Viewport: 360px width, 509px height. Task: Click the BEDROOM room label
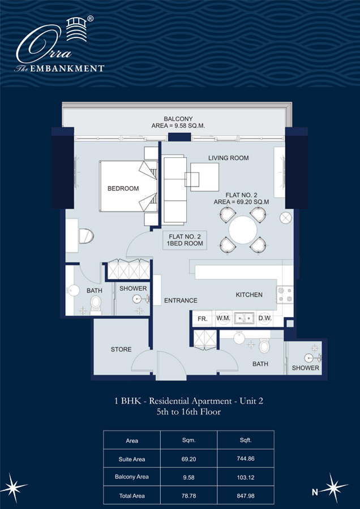click(x=123, y=188)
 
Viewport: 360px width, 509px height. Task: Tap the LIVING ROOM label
click(x=228, y=158)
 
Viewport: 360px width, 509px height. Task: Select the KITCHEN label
click(x=249, y=295)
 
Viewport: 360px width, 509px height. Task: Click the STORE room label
click(x=121, y=349)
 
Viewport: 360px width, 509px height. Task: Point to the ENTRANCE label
click(x=181, y=300)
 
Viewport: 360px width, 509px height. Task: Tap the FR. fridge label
click(x=203, y=319)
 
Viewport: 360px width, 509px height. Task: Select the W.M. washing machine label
click(x=224, y=319)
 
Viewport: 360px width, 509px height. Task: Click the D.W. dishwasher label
click(x=264, y=319)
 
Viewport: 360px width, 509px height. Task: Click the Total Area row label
click(x=131, y=495)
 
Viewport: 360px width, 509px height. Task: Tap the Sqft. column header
click(x=246, y=439)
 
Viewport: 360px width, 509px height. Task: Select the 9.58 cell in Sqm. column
click(x=189, y=477)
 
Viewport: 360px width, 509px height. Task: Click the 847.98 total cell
click(x=246, y=495)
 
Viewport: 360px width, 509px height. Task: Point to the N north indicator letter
click(x=315, y=492)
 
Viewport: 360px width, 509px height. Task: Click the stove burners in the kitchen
click(x=285, y=294)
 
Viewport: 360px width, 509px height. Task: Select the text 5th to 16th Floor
click(x=188, y=412)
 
